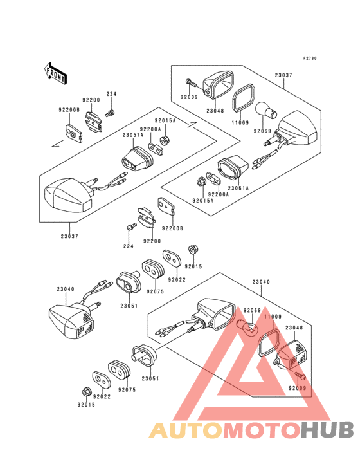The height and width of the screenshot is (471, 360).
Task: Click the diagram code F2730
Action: pyautogui.click(x=310, y=59)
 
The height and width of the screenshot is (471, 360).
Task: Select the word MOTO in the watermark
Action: pyautogui.click(x=262, y=430)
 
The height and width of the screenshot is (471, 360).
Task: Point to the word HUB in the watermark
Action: pyautogui.click(x=328, y=430)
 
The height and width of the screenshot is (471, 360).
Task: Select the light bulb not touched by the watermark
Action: pyautogui.click(x=266, y=111)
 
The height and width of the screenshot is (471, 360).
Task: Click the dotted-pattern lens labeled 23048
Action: pyautogui.click(x=292, y=355)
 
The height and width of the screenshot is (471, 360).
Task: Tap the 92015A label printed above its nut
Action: pyautogui.click(x=165, y=121)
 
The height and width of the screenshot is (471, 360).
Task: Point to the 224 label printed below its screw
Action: pyautogui.click(x=129, y=246)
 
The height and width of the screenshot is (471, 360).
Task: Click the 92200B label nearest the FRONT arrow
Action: pyautogui.click(x=69, y=110)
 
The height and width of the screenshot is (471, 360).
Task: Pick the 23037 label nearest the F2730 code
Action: pyautogui.click(x=283, y=75)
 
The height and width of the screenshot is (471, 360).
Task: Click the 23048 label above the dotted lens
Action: pyautogui.click(x=294, y=328)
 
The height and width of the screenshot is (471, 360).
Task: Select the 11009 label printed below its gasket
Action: pyautogui.click(x=240, y=122)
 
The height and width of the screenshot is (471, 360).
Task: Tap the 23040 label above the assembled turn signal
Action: pyautogui.click(x=66, y=289)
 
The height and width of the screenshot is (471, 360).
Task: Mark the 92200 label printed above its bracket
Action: pyautogui.click(x=91, y=100)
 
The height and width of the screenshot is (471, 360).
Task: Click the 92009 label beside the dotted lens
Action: pyautogui.click(x=298, y=388)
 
